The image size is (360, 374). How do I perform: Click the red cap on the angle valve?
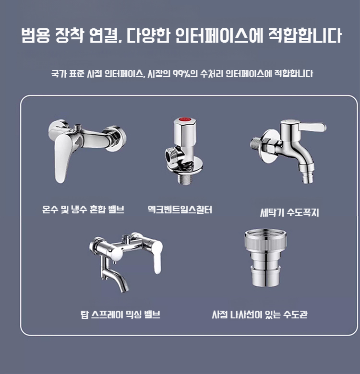coord(185,119)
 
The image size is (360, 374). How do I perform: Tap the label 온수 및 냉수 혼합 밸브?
coord(83,210)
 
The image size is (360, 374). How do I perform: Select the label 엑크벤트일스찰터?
coord(180,210)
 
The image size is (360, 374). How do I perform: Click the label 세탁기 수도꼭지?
coord(289,212)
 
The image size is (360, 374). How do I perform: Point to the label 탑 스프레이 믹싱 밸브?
coord(120,315)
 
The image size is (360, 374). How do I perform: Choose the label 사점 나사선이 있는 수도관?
coord(260,315)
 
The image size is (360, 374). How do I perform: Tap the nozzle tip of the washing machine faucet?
coord(308,178)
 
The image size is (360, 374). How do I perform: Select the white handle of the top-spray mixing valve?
coord(158,257)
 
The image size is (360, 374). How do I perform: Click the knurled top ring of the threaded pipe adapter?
coord(265,240)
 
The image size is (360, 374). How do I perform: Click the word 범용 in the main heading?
coord(36,35)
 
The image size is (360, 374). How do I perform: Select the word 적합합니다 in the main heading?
coord(305,35)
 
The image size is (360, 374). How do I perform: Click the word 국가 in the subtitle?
coord(59,73)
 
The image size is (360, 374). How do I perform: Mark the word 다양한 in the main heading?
coord(148,35)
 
